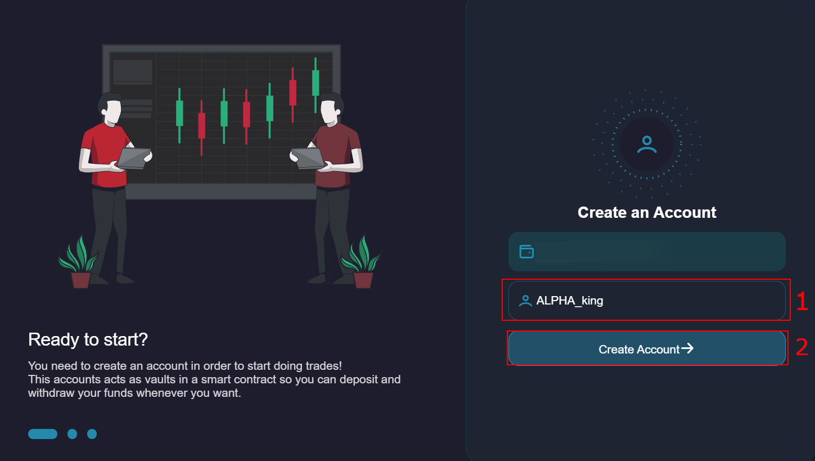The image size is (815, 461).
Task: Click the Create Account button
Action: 646,348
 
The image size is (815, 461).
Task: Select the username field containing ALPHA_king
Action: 646,301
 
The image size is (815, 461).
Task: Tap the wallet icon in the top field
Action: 526,252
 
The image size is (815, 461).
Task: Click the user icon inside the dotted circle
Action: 647,144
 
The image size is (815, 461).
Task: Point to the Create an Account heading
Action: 647,212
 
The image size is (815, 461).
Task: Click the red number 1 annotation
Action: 802,302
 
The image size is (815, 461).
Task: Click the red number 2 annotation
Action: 802,347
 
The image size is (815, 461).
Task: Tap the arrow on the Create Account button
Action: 687,348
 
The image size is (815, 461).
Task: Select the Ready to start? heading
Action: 88,339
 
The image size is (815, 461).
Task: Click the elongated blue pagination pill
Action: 43,433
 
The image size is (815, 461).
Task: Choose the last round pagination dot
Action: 92,433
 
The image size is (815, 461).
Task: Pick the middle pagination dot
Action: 73,433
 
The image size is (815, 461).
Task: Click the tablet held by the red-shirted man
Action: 133,158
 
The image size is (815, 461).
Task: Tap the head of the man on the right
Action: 331,109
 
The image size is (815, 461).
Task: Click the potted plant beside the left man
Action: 79,261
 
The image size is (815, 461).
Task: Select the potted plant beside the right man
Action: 361,261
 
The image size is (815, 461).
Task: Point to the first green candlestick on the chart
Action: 179,115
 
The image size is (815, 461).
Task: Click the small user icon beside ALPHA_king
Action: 525,301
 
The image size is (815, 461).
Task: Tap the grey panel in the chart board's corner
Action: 133,72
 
